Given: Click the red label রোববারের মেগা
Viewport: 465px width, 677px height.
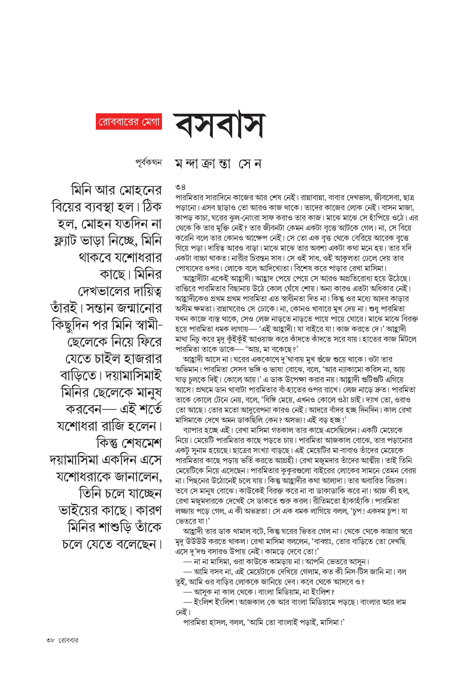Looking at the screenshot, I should point(129,122).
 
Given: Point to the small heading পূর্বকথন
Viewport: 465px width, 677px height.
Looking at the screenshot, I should point(148,163).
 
